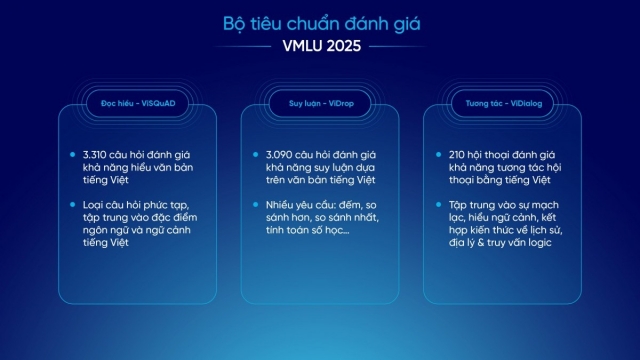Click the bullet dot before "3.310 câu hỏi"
point(74,156)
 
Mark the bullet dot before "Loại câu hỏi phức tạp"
point(74,205)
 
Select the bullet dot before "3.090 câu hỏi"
point(258,156)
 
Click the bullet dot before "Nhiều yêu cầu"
point(258,205)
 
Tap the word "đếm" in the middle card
point(347,205)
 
